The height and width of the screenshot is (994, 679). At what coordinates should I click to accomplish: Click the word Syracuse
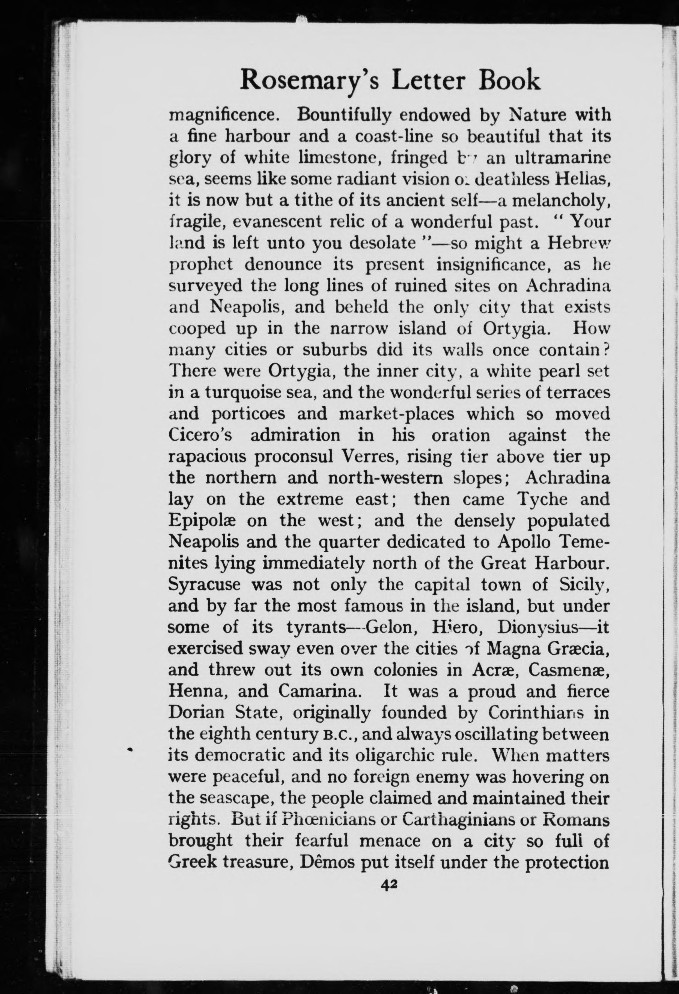click(x=199, y=585)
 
